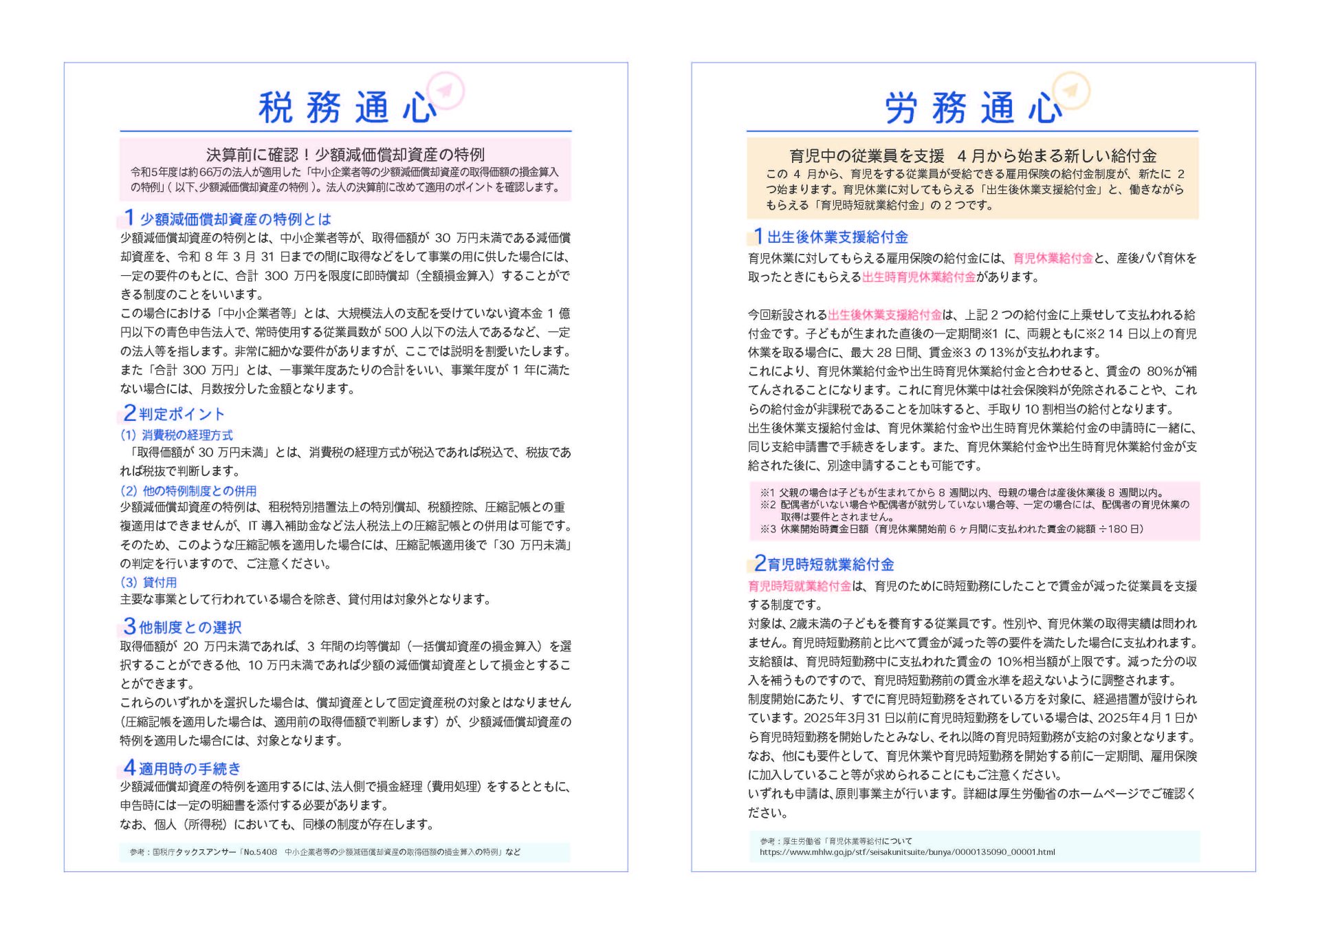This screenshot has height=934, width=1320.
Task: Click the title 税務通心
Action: click(x=347, y=108)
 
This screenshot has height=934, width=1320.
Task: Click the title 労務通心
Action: click(x=973, y=108)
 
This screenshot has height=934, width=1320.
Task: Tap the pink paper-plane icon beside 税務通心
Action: click(x=445, y=90)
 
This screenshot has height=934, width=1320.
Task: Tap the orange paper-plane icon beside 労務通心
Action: click(x=1071, y=90)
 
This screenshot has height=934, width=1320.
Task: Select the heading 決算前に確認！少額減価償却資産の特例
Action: click(x=345, y=154)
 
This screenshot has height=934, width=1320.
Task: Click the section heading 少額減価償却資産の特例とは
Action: click(x=235, y=219)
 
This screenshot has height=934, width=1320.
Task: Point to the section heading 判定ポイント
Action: click(x=181, y=414)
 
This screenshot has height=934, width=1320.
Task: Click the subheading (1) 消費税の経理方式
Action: click(x=177, y=435)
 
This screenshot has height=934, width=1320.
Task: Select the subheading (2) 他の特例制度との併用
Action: click(x=188, y=491)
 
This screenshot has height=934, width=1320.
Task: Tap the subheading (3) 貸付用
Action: click(x=148, y=583)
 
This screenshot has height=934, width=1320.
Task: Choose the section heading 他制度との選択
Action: click(x=190, y=627)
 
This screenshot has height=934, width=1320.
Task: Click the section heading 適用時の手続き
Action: click(x=190, y=768)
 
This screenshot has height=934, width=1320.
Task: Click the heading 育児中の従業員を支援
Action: click(x=866, y=156)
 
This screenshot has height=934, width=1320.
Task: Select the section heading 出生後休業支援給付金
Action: click(x=837, y=237)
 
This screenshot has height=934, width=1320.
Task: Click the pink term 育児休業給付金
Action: click(x=1053, y=259)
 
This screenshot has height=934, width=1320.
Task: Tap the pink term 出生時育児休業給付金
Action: click(x=918, y=277)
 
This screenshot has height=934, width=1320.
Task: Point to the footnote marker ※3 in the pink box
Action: click(x=767, y=530)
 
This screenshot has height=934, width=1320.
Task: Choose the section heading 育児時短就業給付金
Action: click(x=830, y=565)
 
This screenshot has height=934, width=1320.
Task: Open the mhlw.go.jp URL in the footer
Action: click(x=907, y=852)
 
